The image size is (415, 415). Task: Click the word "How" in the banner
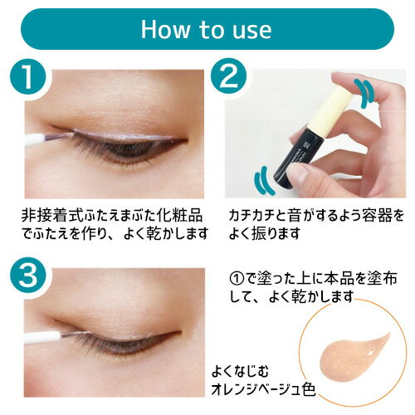pyautogui.click(x=165, y=29)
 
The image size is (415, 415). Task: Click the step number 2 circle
pyautogui.click(x=228, y=76)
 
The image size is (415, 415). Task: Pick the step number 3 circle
pyautogui.click(x=27, y=275)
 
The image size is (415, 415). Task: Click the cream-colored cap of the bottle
pyautogui.click(x=330, y=111)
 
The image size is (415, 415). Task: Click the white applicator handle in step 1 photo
pyautogui.click(x=35, y=139)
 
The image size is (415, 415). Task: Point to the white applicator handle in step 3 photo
pyautogui.click(x=43, y=338)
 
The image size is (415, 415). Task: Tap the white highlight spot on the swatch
pyautogui.click(x=369, y=353)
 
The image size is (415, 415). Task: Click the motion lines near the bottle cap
pyautogui.click(x=364, y=94)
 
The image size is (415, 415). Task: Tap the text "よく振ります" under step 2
pyautogui.click(x=265, y=233)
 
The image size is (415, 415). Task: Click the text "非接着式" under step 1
pyautogui.click(x=52, y=216)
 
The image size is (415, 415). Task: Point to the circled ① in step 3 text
pyautogui.click(x=237, y=279)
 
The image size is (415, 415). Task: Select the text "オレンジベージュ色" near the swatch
pyautogui.click(x=263, y=389)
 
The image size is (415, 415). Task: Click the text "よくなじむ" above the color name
pyautogui.click(x=240, y=372)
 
